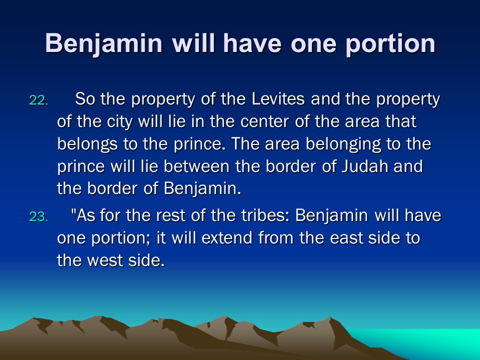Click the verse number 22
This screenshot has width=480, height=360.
38,100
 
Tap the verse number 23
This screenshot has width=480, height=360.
38,216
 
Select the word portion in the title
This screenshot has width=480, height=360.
390,44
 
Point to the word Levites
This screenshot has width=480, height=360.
278,99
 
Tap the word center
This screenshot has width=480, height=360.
264,122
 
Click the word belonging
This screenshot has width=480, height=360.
343,144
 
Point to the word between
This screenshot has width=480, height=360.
196,166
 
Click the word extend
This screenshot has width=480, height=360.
227,238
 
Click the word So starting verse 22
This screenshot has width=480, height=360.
85,99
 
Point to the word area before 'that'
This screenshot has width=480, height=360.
362,122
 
